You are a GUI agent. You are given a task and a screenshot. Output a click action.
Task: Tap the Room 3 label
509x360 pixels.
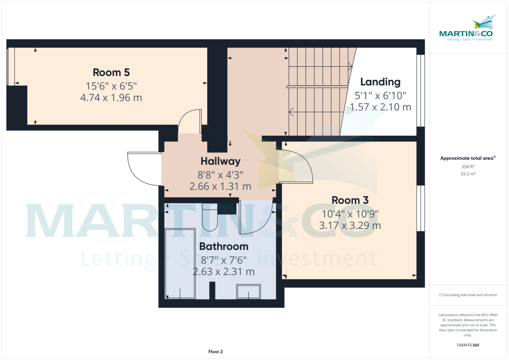tap(350, 200)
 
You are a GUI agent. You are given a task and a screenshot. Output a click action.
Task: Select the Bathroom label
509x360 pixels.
tap(224, 246)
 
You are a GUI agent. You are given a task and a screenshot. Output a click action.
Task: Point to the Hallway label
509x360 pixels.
tap(220, 161)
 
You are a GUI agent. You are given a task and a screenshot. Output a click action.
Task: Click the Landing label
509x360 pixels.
tap(380, 82)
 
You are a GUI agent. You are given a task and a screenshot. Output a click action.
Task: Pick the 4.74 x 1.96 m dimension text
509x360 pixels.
tap(111, 98)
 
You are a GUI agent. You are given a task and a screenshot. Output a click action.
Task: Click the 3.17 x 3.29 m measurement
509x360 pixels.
tap(350, 225)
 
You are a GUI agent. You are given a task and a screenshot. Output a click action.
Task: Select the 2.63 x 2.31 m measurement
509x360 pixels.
tap(224, 271)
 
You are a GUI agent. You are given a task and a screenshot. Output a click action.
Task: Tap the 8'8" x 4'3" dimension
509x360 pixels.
tap(220, 174)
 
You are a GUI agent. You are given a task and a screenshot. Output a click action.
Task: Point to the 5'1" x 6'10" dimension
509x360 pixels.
tap(380, 95)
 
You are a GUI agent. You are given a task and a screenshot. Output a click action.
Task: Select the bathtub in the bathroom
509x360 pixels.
tap(180, 264)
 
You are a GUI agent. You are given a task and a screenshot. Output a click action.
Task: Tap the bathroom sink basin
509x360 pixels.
tap(248, 292)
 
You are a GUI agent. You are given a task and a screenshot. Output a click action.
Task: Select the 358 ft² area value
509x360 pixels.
tap(462, 167)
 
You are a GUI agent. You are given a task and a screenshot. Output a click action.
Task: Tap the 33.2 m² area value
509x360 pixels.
tap(462, 174)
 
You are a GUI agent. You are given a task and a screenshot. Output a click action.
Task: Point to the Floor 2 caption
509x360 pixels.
tap(215, 352)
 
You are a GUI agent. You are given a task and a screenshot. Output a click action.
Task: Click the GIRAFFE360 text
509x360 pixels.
tap(468, 345)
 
